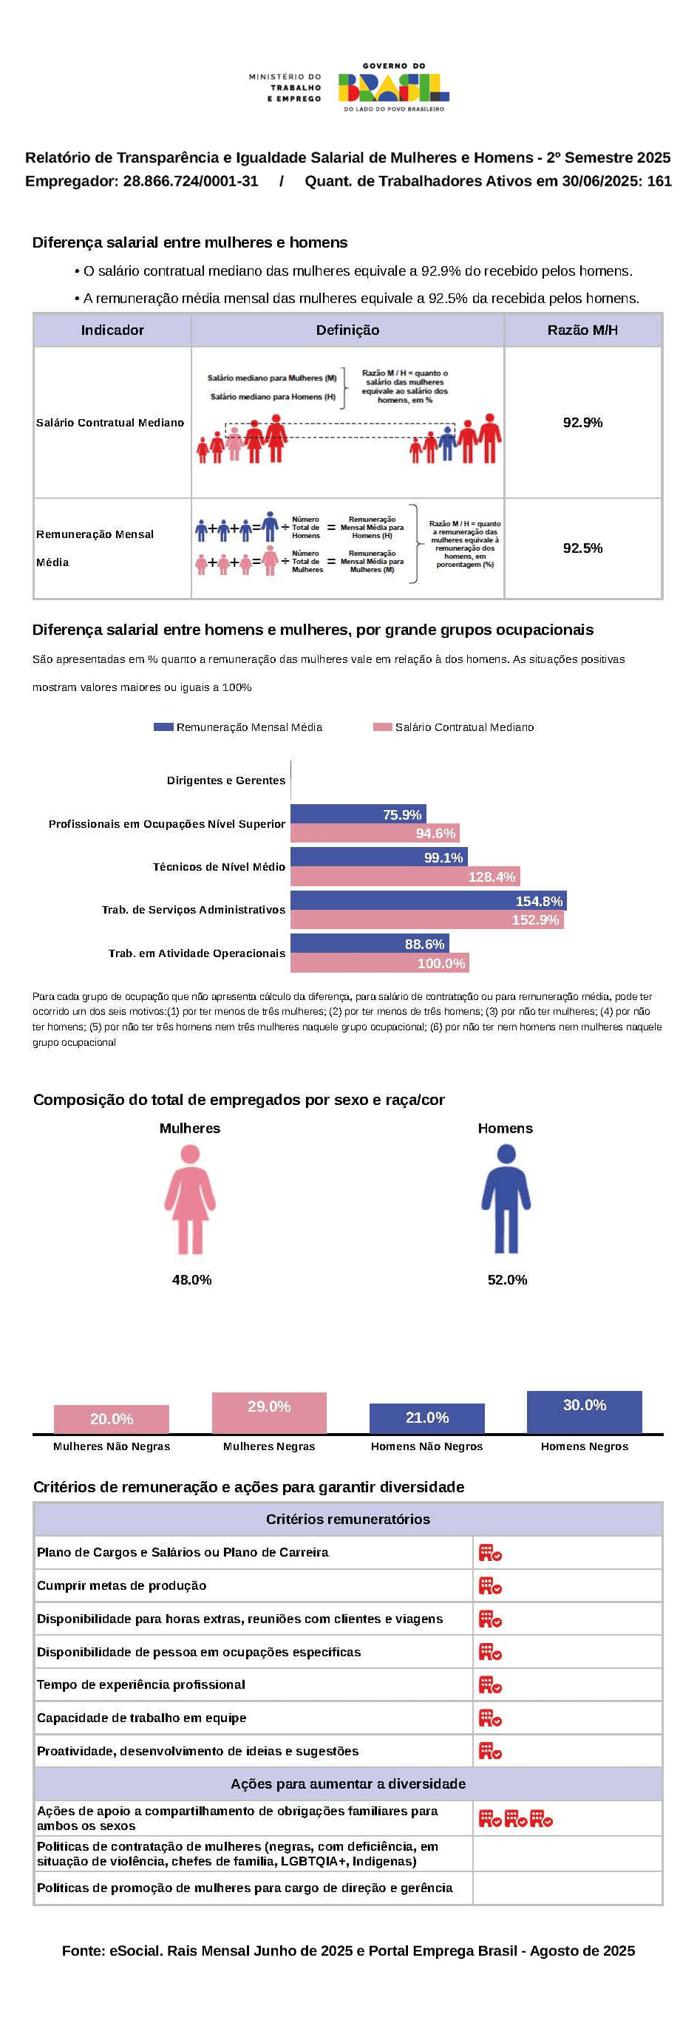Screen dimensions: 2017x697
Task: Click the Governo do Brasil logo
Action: tap(394, 88)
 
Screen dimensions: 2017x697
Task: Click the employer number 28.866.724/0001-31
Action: tap(190, 181)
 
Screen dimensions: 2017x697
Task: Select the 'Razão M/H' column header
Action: tap(582, 330)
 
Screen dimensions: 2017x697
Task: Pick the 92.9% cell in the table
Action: tap(582, 423)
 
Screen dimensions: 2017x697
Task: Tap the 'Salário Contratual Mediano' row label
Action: tap(110, 423)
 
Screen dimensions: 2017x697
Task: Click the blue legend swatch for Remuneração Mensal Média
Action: tap(163, 727)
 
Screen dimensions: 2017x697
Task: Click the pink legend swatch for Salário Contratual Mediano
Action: tap(381, 727)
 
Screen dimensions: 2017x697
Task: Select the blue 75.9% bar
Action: tap(358, 814)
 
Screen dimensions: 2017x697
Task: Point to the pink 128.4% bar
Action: tap(404, 876)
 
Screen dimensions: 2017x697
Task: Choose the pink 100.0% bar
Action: tap(379, 963)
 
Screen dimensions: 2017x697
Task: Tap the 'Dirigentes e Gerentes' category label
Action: tap(225, 780)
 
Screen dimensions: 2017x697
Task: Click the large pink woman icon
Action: tap(190, 1198)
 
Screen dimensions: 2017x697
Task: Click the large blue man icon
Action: tap(506, 1198)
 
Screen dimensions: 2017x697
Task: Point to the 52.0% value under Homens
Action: tap(507, 1279)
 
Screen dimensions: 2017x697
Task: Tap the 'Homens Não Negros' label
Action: tap(426, 1446)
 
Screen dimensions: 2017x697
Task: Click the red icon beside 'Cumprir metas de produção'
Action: tap(490, 1585)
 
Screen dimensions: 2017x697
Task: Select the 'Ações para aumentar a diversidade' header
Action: tap(347, 1783)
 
